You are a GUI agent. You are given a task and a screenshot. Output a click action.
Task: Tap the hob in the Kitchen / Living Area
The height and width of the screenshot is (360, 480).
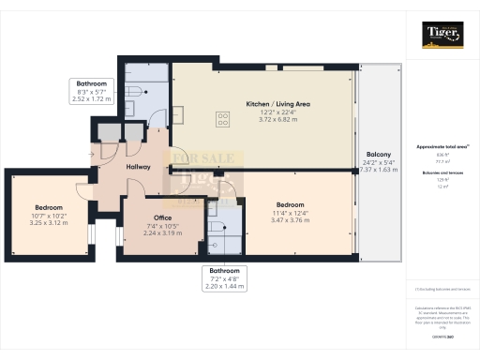tap(224, 119)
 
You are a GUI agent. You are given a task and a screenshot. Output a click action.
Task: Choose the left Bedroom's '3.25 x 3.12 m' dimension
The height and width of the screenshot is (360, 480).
tap(49, 222)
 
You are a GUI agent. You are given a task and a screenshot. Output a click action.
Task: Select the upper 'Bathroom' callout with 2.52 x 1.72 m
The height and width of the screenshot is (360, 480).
tap(91, 90)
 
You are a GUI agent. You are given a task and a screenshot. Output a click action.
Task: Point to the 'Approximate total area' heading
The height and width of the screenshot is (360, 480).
tap(441, 147)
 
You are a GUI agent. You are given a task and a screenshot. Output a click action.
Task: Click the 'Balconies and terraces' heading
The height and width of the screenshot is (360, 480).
tap(441, 173)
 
